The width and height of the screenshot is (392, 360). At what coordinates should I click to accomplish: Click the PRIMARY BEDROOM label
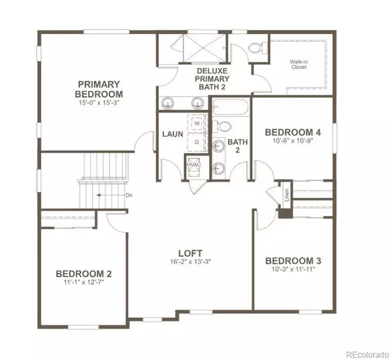(x=99, y=88)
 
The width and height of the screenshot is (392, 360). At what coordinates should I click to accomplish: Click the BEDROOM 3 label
(x=293, y=260)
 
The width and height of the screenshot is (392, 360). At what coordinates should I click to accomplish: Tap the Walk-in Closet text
(x=299, y=65)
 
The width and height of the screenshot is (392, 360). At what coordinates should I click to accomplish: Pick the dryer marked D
(x=196, y=140)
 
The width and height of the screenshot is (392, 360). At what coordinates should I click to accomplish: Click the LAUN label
(x=172, y=135)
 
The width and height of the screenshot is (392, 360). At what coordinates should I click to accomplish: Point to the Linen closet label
(x=286, y=195)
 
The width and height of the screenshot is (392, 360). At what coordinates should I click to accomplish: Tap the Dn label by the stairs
(x=129, y=195)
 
